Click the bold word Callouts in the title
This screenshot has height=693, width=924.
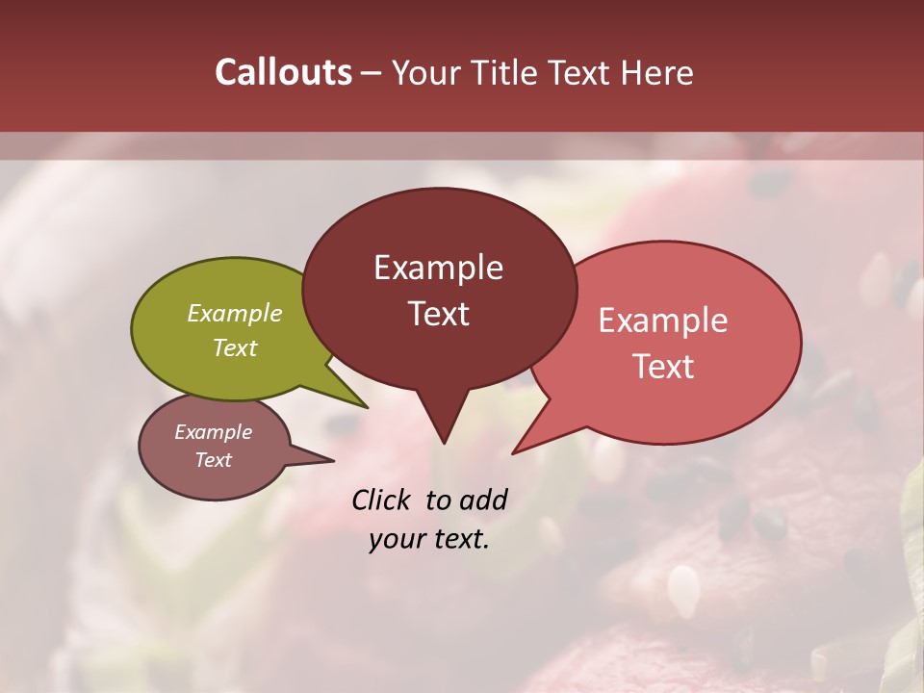click(x=283, y=72)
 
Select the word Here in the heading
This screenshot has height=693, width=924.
click(x=656, y=72)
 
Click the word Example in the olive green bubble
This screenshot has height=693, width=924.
click(x=235, y=313)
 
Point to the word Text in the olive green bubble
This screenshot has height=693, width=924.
click(x=235, y=347)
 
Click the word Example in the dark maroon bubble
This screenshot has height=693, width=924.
click(x=438, y=268)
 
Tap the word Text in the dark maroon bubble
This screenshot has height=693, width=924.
click(x=438, y=314)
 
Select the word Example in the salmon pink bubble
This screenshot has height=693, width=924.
click(x=663, y=321)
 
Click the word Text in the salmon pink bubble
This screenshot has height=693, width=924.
click(x=663, y=367)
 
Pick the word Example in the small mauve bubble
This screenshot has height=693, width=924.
click(x=214, y=432)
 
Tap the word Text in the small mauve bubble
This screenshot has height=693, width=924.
click(x=214, y=460)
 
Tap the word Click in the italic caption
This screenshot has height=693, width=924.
click(x=383, y=500)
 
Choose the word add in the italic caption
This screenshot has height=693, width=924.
click(x=483, y=500)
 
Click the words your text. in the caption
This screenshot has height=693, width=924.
click(x=429, y=539)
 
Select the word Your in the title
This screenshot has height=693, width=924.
click(x=423, y=72)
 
